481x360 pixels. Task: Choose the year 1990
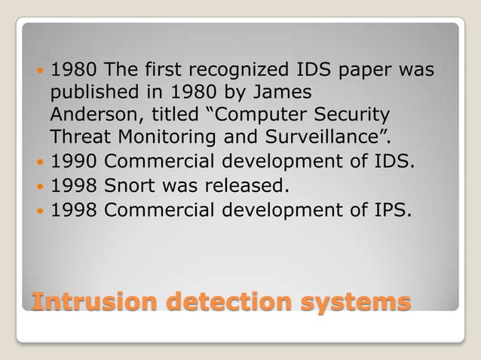(74, 162)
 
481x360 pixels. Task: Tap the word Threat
(78, 139)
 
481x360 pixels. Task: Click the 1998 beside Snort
(74, 185)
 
